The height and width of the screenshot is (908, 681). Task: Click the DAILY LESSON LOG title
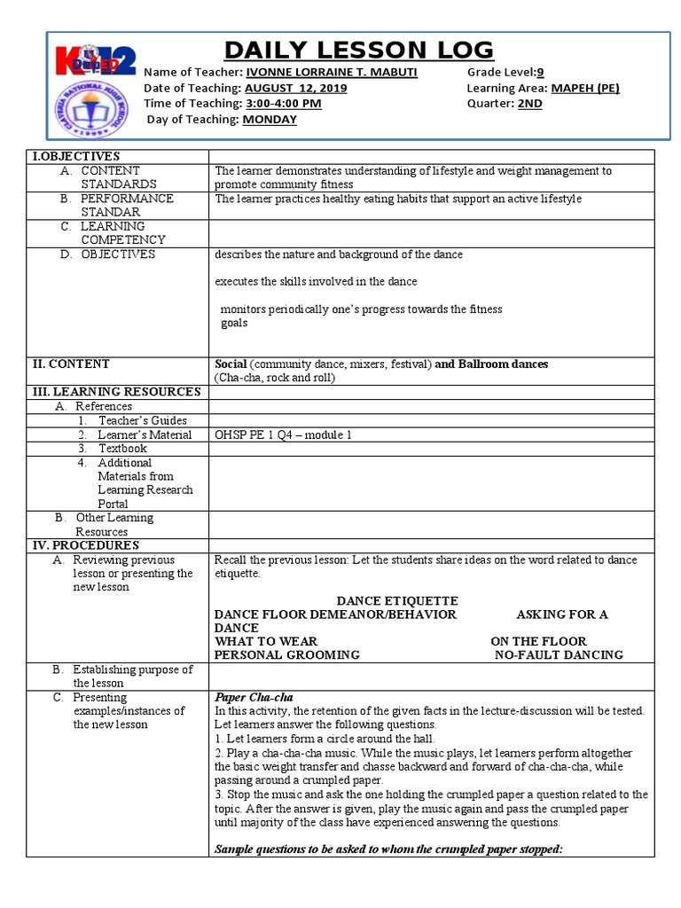pos(358,51)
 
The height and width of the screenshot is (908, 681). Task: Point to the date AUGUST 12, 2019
pos(296,89)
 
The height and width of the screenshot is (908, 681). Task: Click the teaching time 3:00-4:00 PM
pos(283,104)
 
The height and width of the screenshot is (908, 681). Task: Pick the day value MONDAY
pos(270,120)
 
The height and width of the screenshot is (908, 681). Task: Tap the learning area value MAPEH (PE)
pos(585,89)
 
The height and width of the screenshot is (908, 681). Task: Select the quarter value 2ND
pos(530,104)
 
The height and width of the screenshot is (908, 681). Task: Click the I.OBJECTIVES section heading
pos(76,156)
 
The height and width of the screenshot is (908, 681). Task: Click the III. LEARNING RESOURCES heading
pos(116,392)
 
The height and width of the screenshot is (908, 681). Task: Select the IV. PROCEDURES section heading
pos(86,545)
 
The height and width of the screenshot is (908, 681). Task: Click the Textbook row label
pos(122,449)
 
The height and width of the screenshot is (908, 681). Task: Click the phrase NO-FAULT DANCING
pos(559,655)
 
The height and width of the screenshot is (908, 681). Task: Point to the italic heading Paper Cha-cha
pos(254,697)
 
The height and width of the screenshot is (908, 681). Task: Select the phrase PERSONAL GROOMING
pos(287,655)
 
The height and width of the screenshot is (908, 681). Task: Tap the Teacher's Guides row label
pos(142,420)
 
